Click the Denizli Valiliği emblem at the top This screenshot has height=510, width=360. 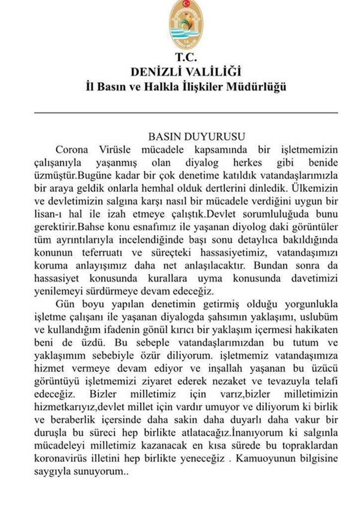[186, 25]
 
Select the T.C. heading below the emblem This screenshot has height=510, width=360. [186, 57]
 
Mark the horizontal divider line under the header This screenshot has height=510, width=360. [186, 113]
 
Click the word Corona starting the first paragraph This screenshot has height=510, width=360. [72, 150]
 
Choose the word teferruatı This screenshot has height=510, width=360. [102, 253]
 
